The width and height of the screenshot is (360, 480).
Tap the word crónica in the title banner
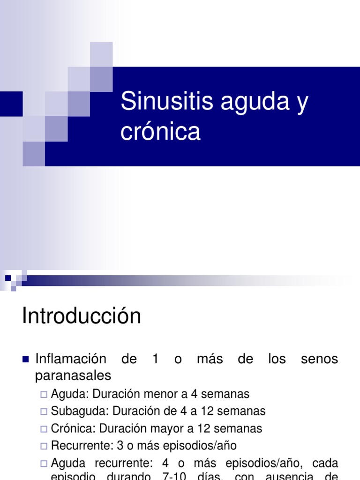(160, 132)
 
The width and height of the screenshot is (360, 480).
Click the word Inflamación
(71, 360)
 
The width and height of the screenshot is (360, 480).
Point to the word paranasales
(74, 375)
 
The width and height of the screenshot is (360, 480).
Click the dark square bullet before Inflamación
(26, 360)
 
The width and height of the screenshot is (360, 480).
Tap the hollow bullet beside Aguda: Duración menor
(44, 395)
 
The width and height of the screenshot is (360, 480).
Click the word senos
(319, 360)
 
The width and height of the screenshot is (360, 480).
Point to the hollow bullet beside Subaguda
(44, 412)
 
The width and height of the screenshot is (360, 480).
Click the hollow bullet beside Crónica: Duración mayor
(44, 429)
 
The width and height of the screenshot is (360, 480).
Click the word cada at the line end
(324, 463)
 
